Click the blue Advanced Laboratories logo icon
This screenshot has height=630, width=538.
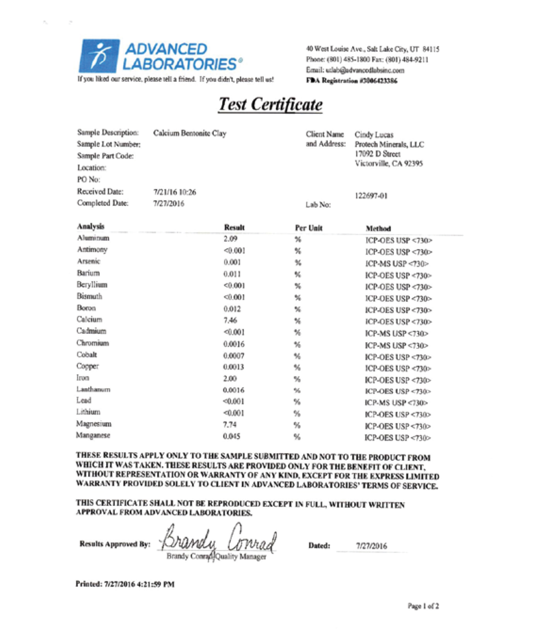pyautogui.click(x=99, y=56)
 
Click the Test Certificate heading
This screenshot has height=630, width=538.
pyautogui.click(x=271, y=104)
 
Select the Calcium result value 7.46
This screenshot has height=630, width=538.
pyautogui.click(x=230, y=320)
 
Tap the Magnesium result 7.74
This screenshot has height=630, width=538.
pyautogui.click(x=230, y=424)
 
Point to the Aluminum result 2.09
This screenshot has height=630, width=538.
pyautogui.click(x=230, y=239)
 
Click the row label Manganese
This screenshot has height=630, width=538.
pyautogui.click(x=93, y=436)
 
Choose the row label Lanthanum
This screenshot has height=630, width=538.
pyautogui.click(x=93, y=390)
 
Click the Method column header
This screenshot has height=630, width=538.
pyautogui.click(x=378, y=229)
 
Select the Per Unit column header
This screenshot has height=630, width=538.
pyautogui.click(x=309, y=228)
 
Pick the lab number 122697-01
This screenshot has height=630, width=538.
pyautogui.click(x=371, y=196)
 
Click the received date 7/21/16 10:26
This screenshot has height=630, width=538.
pyautogui.click(x=175, y=192)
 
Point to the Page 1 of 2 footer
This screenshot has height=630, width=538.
pyautogui.click(x=423, y=606)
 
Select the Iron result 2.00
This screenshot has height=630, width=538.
pyautogui.click(x=230, y=379)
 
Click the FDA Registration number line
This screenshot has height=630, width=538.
pyautogui.click(x=352, y=81)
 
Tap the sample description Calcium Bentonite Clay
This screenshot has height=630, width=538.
pyautogui.click(x=190, y=133)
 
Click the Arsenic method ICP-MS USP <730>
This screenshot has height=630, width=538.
pyautogui.click(x=397, y=264)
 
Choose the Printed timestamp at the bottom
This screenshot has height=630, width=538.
pyautogui.click(x=125, y=584)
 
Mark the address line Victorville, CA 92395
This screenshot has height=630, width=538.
pyautogui.click(x=389, y=164)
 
